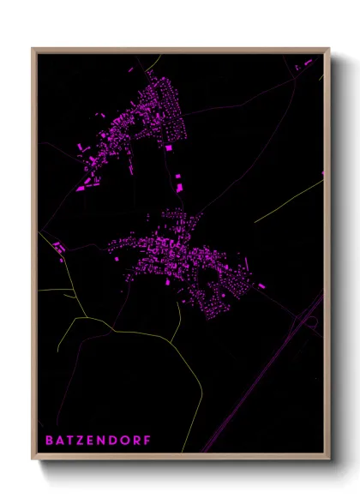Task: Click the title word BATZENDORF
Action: point(97,441)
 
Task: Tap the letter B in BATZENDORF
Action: point(49,441)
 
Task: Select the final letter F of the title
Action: point(147,441)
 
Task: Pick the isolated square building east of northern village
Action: point(169,148)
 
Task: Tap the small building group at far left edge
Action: point(59,249)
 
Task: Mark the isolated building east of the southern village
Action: point(261,285)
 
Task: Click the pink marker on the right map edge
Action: point(323,174)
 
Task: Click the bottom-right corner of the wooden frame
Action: point(329,460)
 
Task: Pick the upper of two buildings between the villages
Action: point(178,177)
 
